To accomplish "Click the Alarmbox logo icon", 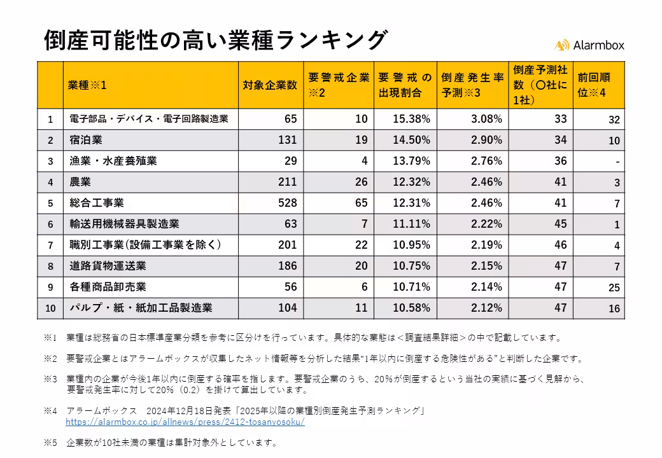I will pyautogui.click(x=561, y=45).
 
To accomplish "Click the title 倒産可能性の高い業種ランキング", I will pyautogui.click(x=215, y=39).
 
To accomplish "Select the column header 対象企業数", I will pyautogui.click(x=270, y=85).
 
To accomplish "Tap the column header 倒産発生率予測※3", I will pyautogui.click(x=473, y=85).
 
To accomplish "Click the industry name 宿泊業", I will pyautogui.click(x=86, y=140).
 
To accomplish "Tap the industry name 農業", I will pyautogui.click(x=80, y=182).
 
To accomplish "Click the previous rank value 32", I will pyautogui.click(x=614, y=120).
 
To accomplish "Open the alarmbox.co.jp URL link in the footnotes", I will pyautogui.click(x=185, y=422).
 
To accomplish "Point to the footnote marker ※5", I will pyautogui.click(x=50, y=443).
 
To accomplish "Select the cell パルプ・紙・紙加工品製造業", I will pyautogui.click(x=141, y=308).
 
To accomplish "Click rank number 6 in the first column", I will pyautogui.click(x=50, y=224).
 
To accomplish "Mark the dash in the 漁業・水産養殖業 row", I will pyautogui.click(x=617, y=162).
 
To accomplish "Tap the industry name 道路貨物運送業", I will pyautogui.click(x=108, y=266).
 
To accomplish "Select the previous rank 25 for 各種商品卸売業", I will pyautogui.click(x=614, y=288).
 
